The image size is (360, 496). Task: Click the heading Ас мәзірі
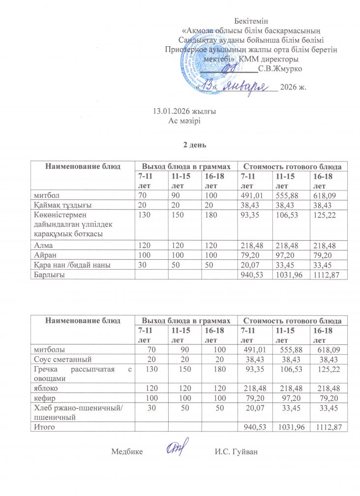point(184,121)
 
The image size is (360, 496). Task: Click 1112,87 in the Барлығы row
point(327,274)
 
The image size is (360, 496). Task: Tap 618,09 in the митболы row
point(330,350)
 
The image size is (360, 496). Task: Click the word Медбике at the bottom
point(127,451)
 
